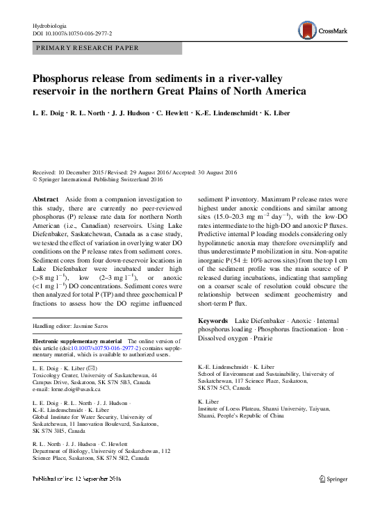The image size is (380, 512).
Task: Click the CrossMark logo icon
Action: tap(304, 30)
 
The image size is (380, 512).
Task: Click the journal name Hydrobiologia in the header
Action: tap(51, 25)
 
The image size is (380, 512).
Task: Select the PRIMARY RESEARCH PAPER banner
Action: tap(86, 48)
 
